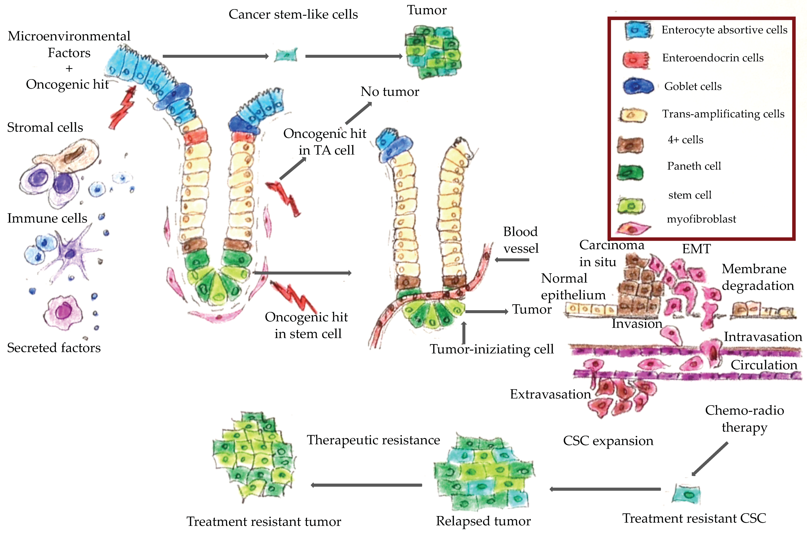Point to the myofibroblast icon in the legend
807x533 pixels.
tap(633, 228)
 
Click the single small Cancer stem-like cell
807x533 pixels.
tap(286, 55)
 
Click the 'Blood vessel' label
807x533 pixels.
tap(521, 240)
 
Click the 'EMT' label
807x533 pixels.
tap(696, 249)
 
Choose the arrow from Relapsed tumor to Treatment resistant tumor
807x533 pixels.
tap(366, 485)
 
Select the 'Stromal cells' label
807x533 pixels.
tap(45, 128)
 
